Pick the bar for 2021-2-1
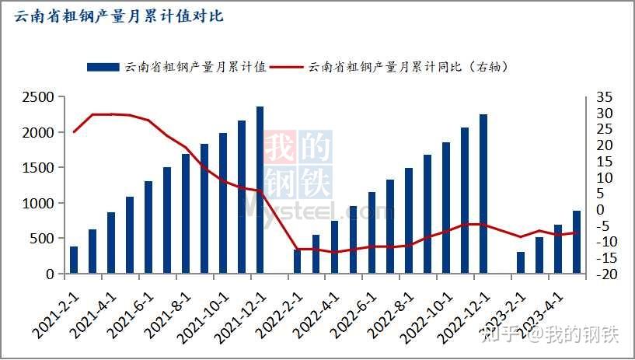74,260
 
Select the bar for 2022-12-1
483,194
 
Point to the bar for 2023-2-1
521,262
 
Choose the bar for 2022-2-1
297,261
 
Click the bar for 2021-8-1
186,214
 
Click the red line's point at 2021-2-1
74,131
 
